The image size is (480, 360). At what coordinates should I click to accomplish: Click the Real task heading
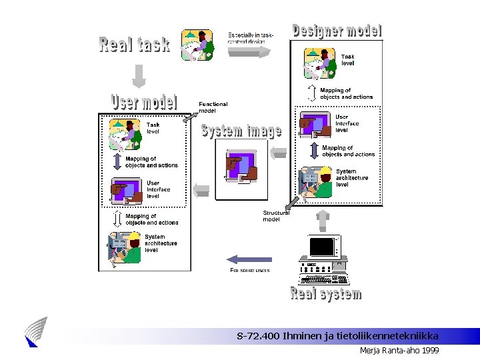click(x=134, y=45)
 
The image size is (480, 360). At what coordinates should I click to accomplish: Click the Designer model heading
click(x=337, y=31)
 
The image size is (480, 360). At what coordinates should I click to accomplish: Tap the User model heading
click(x=144, y=103)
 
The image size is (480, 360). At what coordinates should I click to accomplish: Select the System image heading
click(x=241, y=130)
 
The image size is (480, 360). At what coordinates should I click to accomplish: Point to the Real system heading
click(x=326, y=294)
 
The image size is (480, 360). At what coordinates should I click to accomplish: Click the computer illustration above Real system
click(x=322, y=259)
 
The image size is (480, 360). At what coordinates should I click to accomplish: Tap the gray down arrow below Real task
click(x=139, y=76)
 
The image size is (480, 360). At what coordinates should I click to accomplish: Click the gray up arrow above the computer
click(x=322, y=220)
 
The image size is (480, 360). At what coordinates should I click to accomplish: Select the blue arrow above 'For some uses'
click(x=249, y=259)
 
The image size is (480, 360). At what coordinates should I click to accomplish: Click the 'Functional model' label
click(x=213, y=107)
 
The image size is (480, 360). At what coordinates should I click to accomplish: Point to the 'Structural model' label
click(x=275, y=216)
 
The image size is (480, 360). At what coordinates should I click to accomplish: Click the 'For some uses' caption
click(x=250, y=270)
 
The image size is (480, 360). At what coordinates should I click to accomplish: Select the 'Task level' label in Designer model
click(x=348, y=60)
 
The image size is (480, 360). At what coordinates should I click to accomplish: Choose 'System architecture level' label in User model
click(x=161, y=243)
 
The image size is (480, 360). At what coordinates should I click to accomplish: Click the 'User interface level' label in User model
click(x=158, y=189)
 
